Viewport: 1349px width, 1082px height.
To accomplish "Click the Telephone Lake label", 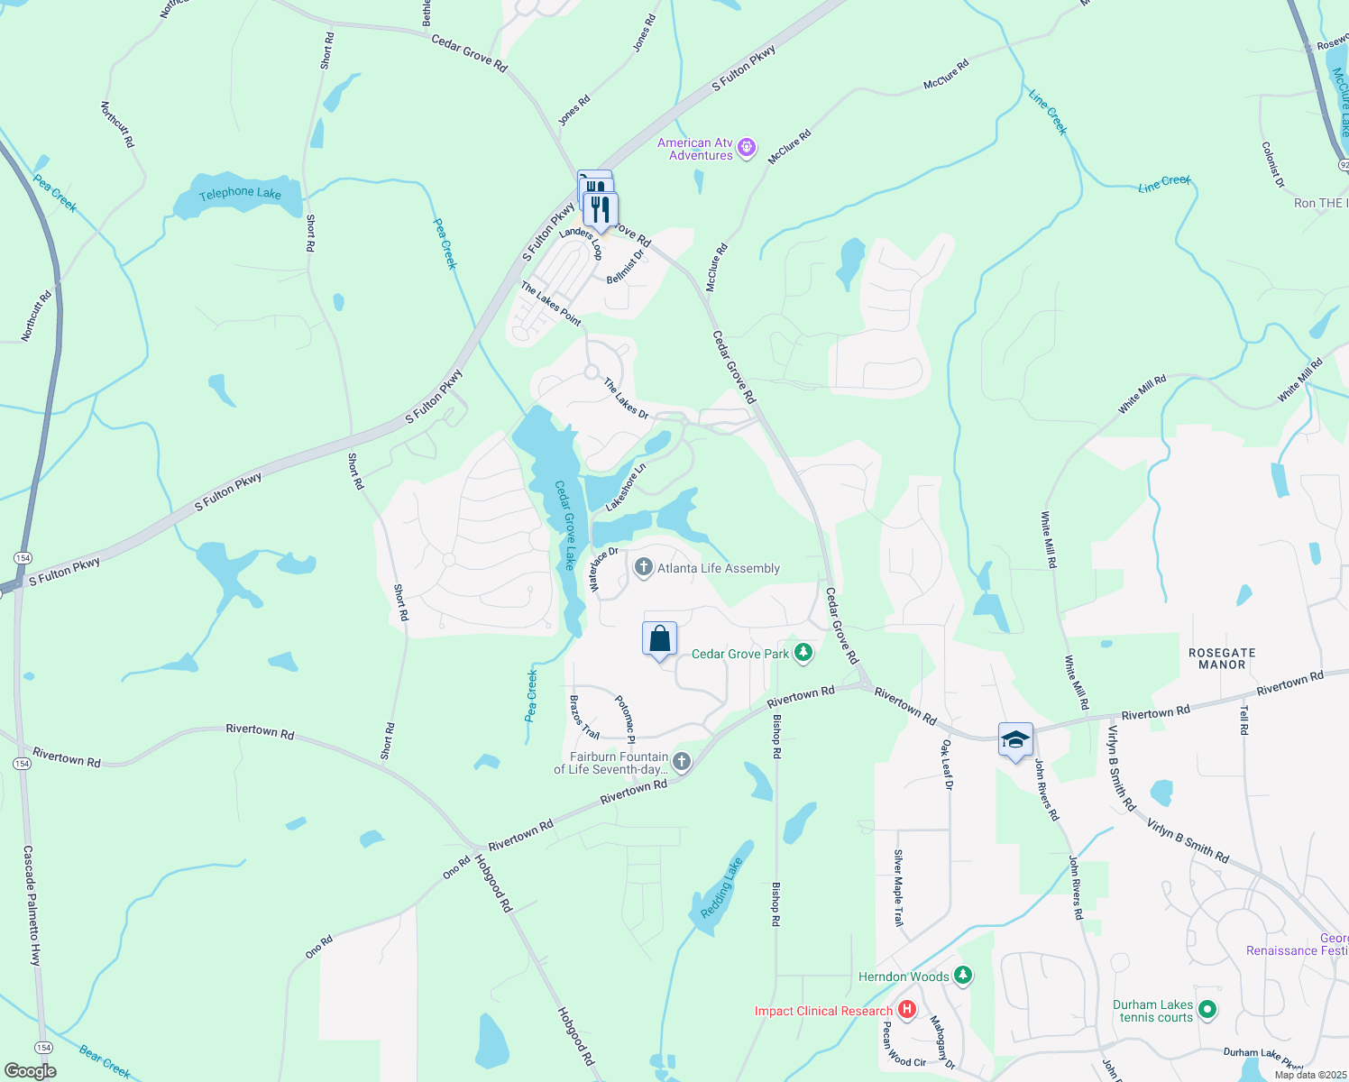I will pyautogui.click(x=240, y=193).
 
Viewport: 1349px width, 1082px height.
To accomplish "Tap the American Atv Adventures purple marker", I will pyautogui.click(x=747, y=148).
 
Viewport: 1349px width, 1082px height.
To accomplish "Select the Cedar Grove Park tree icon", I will pyautogui.click(x=803, y=653).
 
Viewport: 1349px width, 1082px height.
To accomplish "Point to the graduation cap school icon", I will pyautogui.click(x=1015, y=740).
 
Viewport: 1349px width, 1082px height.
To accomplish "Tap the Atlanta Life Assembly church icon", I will pyautogui.click(x=643, y=567).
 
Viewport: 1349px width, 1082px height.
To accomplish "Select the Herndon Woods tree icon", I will pyautogui.click(x=963, y=976).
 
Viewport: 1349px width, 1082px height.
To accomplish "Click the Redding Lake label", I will pyautogui.click(x=721, y=888).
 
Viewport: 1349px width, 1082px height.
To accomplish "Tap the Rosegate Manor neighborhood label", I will pyautogui.click(x=1222, y=658).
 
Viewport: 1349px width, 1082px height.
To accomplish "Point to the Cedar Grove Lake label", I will pyautogui.click(x=565, y=525).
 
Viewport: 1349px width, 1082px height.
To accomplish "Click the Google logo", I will pyautogui.click(x=30, y=1071).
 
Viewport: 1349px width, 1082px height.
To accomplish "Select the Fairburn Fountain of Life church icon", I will pyautogui.click(x=682, y=762).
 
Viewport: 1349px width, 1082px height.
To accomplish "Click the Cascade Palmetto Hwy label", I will pyautogui.click(x=31, y=905).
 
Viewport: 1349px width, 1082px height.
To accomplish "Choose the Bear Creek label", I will pyautogui.click(x=105, y=1061).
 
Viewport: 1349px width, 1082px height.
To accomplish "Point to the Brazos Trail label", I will pyautogui.click(x=584, y=717).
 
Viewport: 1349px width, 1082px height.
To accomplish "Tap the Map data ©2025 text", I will pyautogui.click(x=1310, y=1074).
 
